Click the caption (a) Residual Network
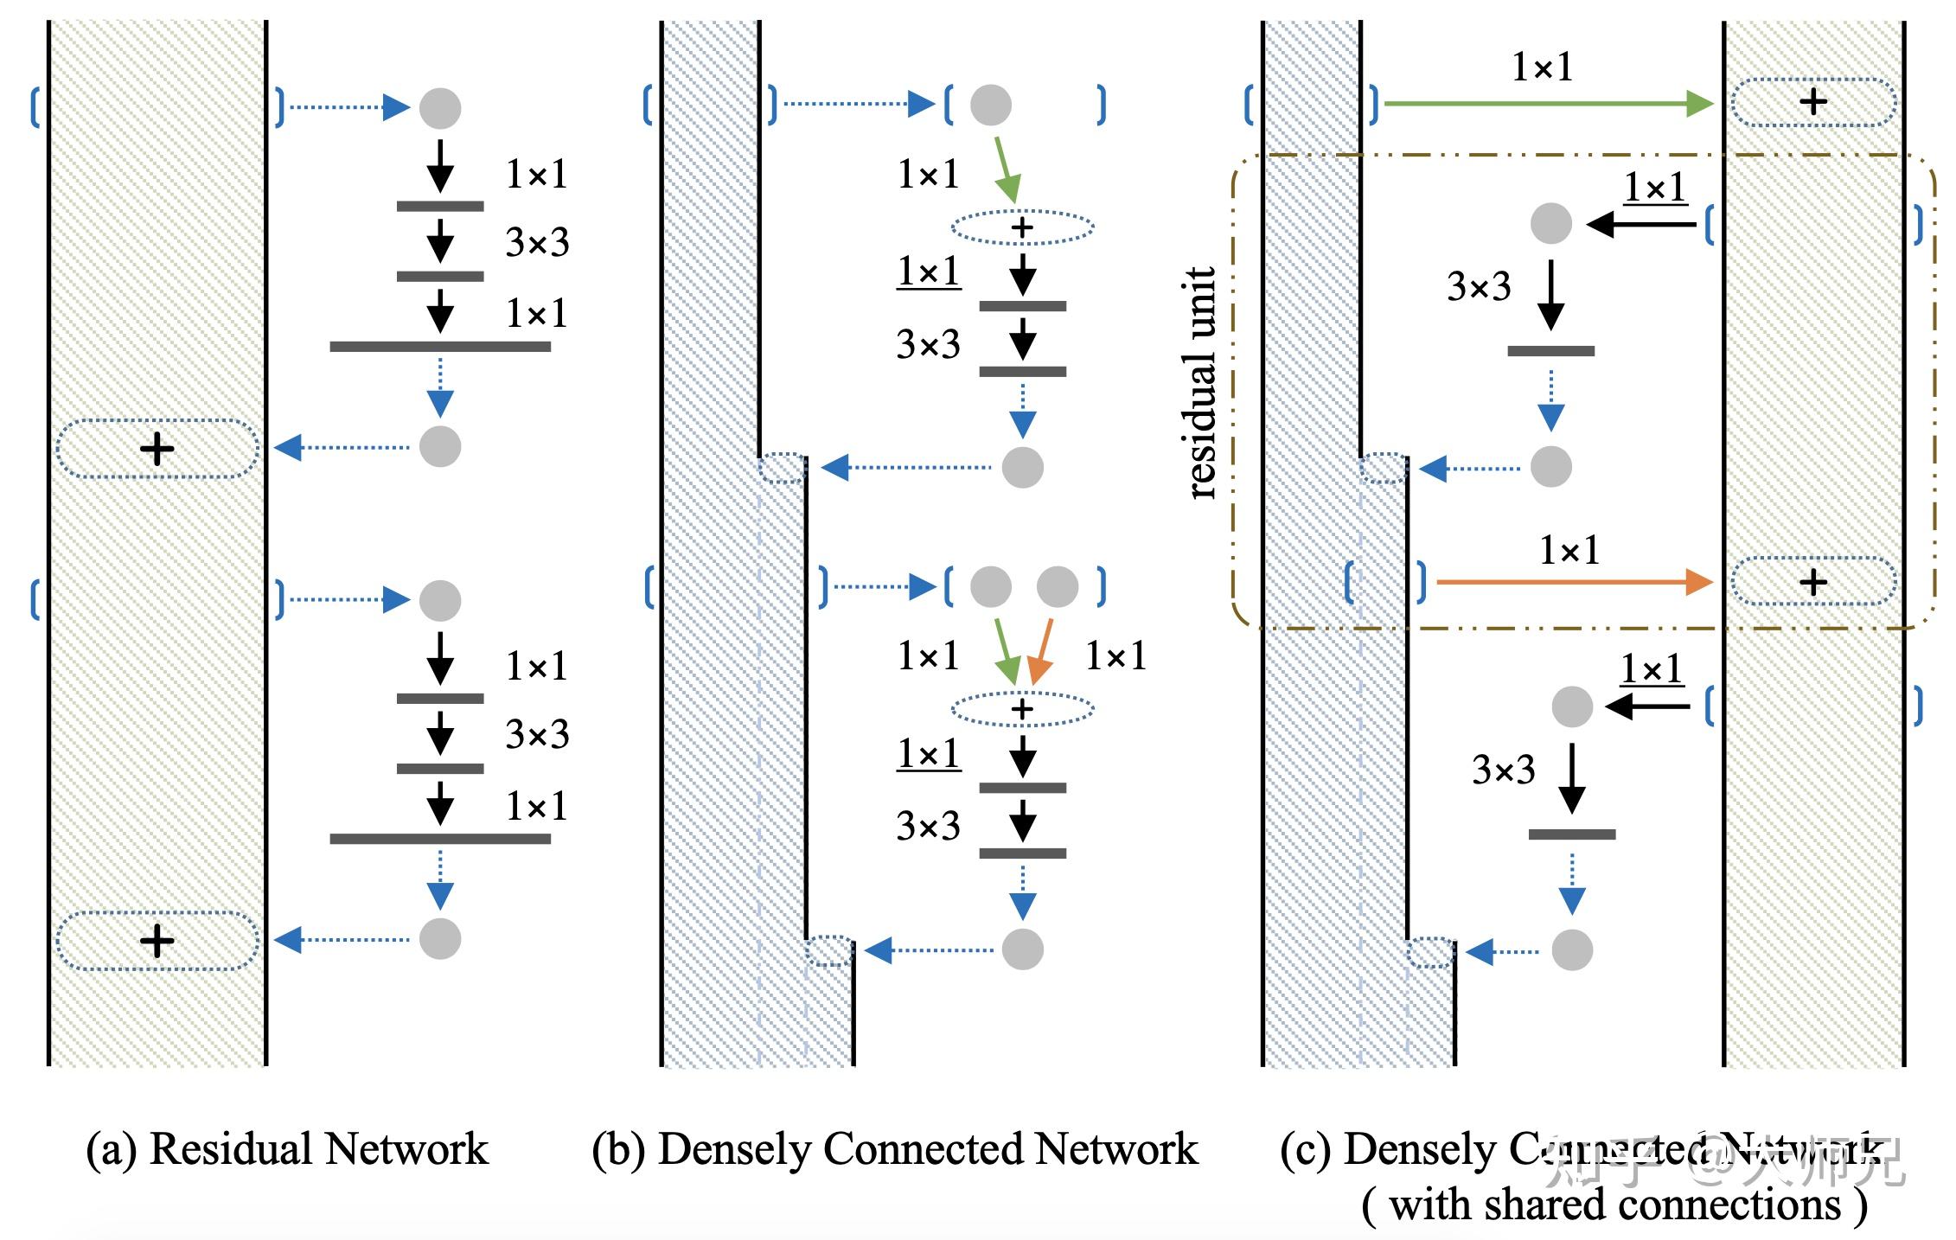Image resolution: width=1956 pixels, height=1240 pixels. pyautogui.click(x=287, y=1149)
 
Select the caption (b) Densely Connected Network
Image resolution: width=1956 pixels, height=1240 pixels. pyautogui.click(x=895, y=1149)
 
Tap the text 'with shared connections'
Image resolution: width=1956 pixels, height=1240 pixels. pyautogui.click(x=1614, y=1205)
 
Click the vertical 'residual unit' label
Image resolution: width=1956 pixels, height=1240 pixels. pyautogui.click(x=1201, y=382)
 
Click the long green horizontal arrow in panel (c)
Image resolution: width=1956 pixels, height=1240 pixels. pyautogui.click(x=1548, y=105)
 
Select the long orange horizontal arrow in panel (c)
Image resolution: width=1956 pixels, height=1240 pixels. pyautogui.click(x=1574, y=582)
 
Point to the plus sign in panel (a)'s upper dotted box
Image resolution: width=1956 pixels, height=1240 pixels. pyautogui.click(x=157, y=449)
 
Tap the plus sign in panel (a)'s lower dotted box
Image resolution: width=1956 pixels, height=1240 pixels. pyautogui.click(x=157, y=941)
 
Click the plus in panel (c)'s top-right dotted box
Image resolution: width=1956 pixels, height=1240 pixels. pyautogui.click(x=1813, y=103)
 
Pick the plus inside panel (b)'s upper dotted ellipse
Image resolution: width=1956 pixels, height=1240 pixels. pyautogui.click(x=1022, y=228)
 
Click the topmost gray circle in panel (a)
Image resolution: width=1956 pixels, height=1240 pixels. pyautogui.click(x=440, y=108)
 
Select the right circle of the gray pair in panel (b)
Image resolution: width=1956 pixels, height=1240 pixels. pyautogui.click(x=1057, y=587)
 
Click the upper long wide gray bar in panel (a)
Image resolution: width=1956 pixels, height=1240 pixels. pyautogui.click(x=440, y=347)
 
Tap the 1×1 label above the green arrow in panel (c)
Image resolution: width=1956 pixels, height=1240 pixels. pyautogui.click(x=1542, y=67)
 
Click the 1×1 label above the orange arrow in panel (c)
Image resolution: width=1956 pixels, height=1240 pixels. pyautogui.click(x=1569, y=550)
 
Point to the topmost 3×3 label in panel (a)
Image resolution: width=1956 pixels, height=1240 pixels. pyautogui.click(x=537, y=243)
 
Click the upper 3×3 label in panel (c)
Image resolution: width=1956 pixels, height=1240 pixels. pyautogui.click(x=1479, y=286)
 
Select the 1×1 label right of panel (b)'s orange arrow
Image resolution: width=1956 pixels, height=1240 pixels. pyautogui.click(x=1115, y=656)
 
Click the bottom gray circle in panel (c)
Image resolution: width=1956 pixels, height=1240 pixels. pyautogui.click(x=1572, y=949)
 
